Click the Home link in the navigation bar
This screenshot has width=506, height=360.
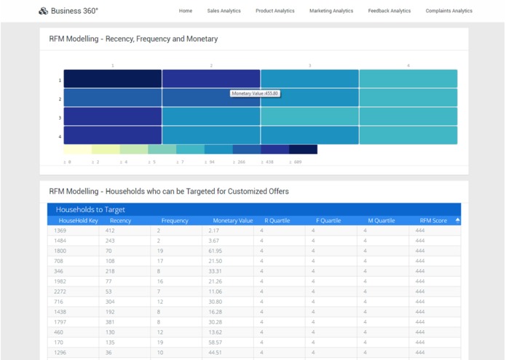click(x=186, y=11)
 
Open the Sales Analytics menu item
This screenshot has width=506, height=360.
click(x=224, y=11)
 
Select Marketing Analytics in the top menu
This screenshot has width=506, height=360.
click(x=331, y=11)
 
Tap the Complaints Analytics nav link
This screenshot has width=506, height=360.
click(x=448, y=11)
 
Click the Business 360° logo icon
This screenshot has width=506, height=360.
click(x=43, y=11)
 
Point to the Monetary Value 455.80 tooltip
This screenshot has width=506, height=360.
click(x=255, y=93)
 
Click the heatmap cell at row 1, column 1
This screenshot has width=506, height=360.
click(x=113, y=79)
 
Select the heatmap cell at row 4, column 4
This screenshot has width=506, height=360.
click(x=408, y=136)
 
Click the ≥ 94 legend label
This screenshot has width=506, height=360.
click(x=210, y=162)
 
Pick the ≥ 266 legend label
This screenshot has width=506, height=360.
click(x=238, y=162)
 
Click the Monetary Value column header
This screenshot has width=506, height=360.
click(x=232, y=220)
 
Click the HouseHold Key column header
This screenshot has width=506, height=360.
click(x=78, y=220)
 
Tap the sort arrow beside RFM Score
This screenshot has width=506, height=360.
click(x=457, y=219)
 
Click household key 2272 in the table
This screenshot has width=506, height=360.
click(x=60, y=291)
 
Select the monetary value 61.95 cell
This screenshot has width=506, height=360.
click(x=216, y=251)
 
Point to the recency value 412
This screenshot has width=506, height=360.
click(x=110, y=230)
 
